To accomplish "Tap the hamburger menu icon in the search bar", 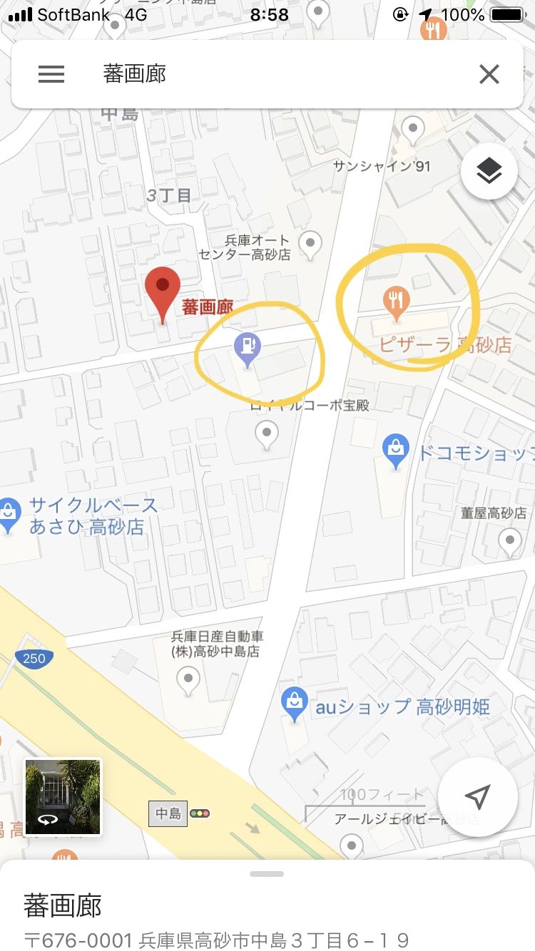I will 51,74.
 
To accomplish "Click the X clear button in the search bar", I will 489,74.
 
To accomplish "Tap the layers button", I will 489,171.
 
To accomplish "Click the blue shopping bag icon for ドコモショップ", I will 395,450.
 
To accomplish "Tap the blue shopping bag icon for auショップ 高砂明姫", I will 294,703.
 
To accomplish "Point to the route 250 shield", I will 34,658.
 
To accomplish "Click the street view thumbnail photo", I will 63,796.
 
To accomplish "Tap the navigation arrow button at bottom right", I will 477,796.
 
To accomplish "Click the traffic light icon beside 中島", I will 200,813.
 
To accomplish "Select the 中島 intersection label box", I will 168,813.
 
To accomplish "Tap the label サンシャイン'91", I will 382,166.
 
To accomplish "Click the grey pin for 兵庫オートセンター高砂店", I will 310,245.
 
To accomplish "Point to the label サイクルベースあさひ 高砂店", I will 93,516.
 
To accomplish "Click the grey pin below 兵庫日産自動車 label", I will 188,679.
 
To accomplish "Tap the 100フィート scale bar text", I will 382,795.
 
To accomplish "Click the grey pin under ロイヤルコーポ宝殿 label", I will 267,433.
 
